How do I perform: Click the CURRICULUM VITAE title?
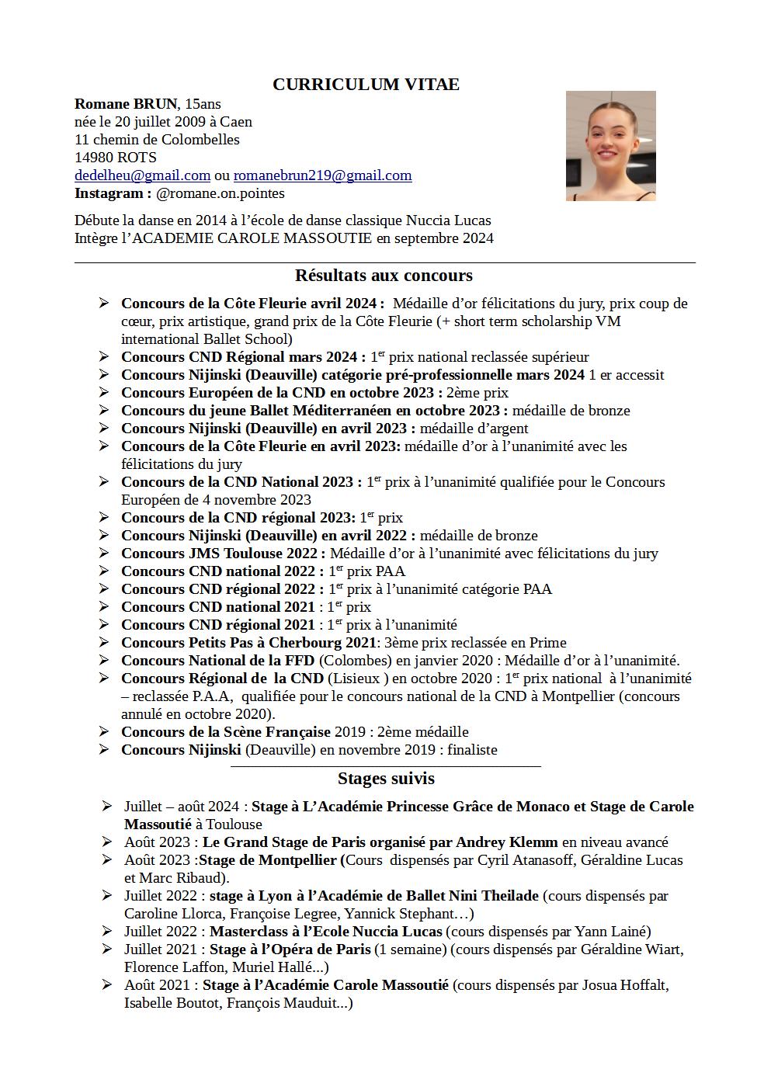pos(366,85)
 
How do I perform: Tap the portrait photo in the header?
pos(610,146)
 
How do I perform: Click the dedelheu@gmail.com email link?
pos(142,175)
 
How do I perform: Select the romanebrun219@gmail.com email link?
pos(322,175)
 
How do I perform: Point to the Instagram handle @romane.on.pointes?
pos(220,193)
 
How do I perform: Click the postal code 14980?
pos(94,158)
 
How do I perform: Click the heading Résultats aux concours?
pos(384,276)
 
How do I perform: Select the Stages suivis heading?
pos(386,779)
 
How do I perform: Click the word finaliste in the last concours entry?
pos(472,750)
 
